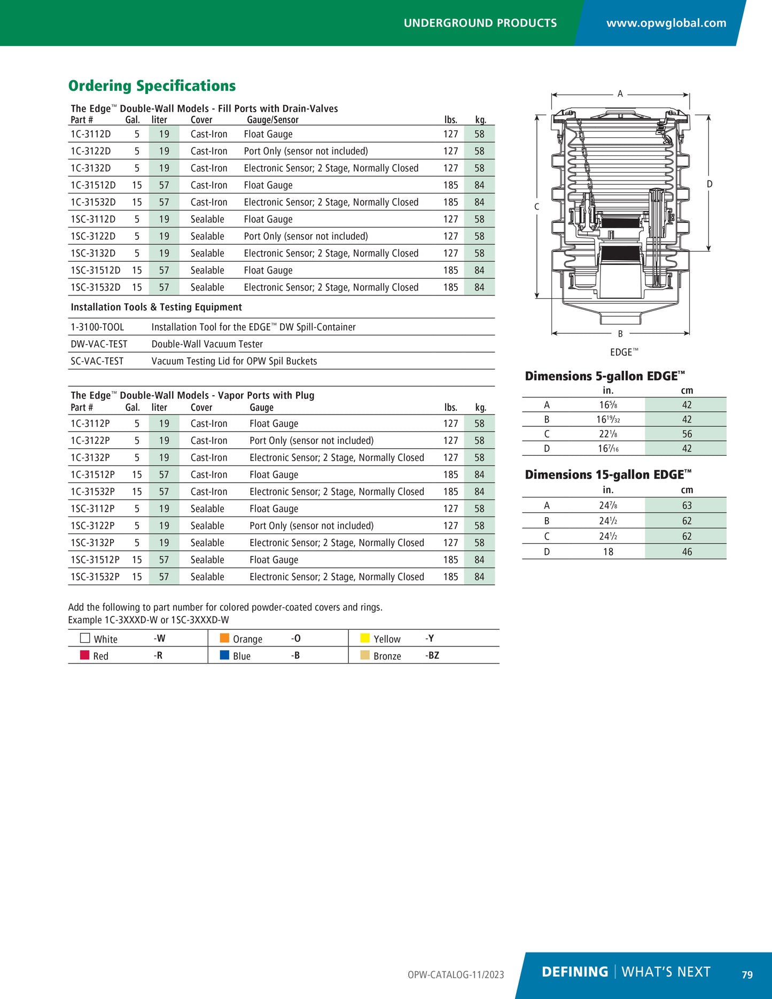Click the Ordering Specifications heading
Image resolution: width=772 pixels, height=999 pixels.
click(152, 86)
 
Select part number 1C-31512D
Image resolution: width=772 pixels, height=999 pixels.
click(93, 185)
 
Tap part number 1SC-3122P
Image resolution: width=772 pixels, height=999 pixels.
click(92, 526)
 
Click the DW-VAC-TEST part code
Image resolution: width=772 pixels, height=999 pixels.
click(99, 344)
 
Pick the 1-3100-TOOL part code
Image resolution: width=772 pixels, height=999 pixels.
click(97, 327)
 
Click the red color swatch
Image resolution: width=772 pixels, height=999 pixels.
click(84, 655)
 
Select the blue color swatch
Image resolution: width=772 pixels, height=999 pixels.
click(224, 655)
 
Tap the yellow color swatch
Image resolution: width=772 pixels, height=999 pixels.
click(365, 638)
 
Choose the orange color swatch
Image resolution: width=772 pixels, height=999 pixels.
click(224, 638)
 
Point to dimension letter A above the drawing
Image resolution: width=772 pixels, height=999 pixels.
click(620, 94)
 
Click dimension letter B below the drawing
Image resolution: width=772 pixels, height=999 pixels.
click(620, 334)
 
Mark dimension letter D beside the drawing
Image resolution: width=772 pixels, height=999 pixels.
click(709, 184)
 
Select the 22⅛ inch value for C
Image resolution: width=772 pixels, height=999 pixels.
click(608, 434)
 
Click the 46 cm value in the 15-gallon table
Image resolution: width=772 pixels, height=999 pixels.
click(687, 552)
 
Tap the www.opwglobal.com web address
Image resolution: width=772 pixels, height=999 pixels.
click(666, 23)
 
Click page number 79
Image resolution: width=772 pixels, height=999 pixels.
click(747, 974)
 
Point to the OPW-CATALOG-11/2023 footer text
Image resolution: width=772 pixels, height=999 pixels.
click(456, 975)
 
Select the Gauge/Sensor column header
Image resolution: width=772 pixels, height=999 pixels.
click(272, 120)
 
